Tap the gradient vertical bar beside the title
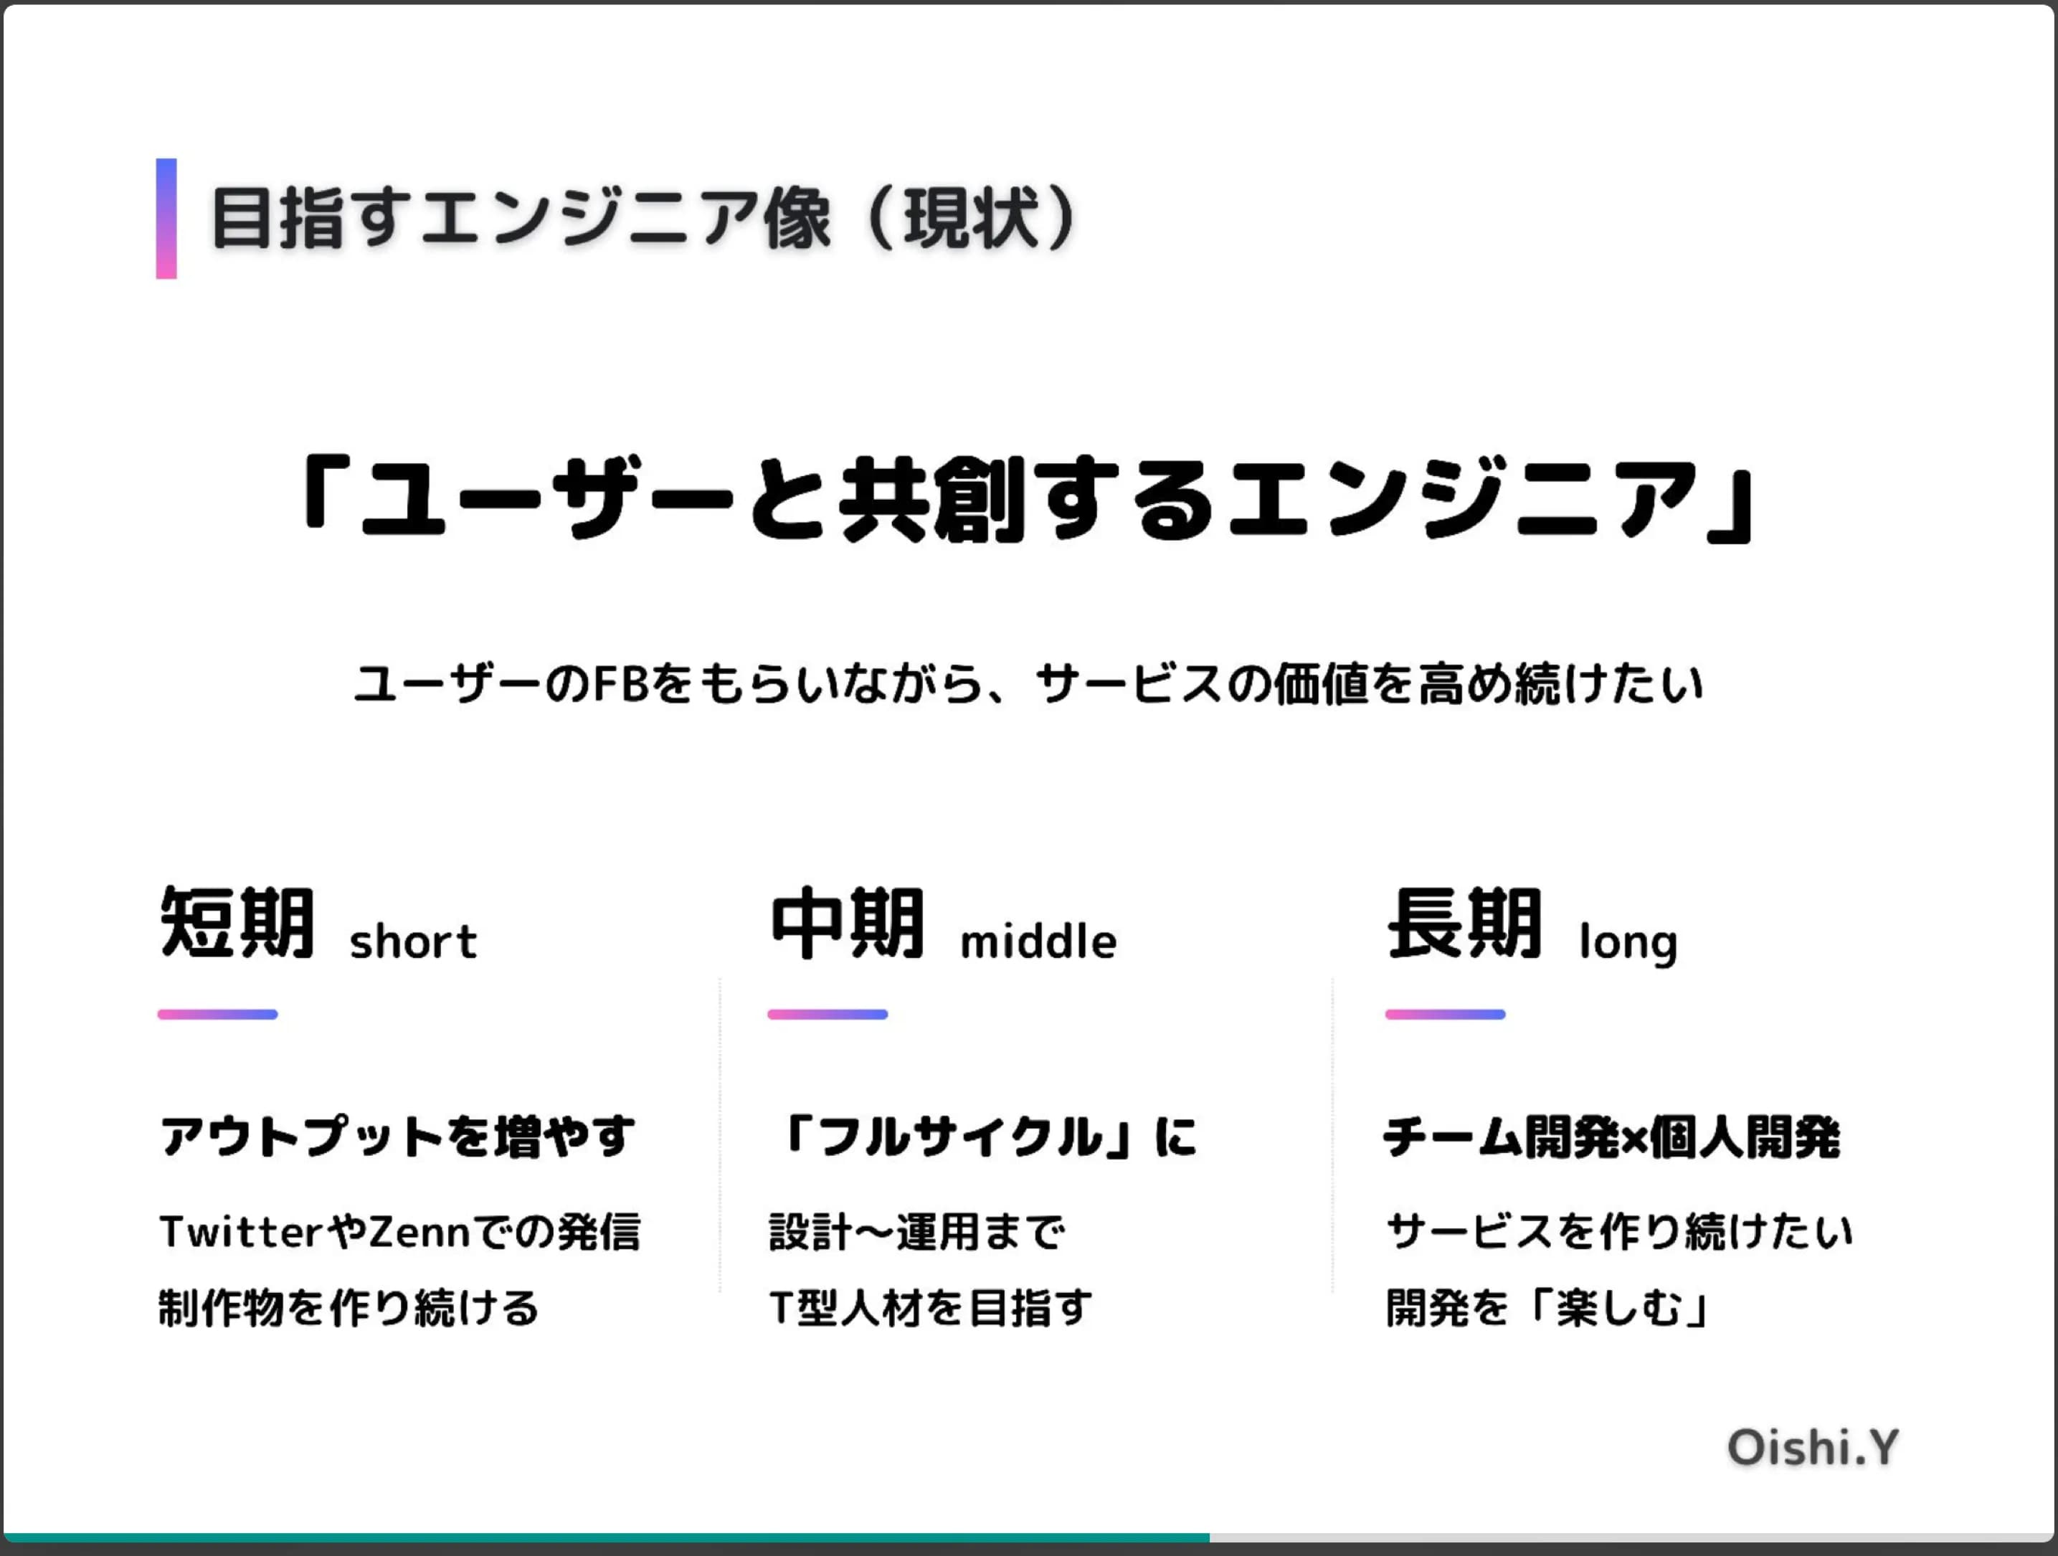tap(166, 219)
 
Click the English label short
tap(413, 941)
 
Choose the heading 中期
tap(848, 923)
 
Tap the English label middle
tap(1038, 941)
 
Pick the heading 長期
tap(1464, 923)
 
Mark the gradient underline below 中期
tap(827, 1015)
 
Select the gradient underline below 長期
tap(1445, 1015)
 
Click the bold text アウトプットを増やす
tap(398, 1137)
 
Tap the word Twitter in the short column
tap(241, 1232)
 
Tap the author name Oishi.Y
tap(1812, 1448)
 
